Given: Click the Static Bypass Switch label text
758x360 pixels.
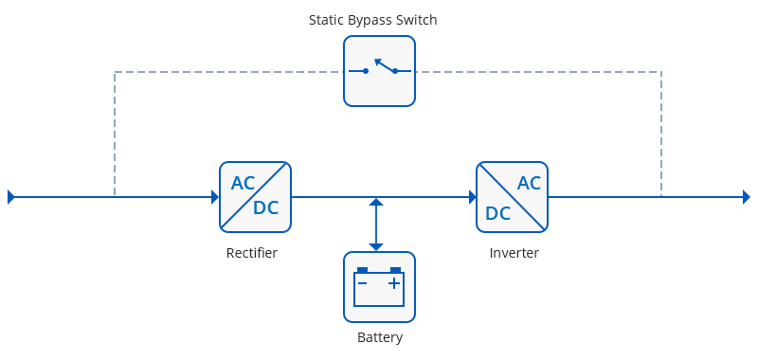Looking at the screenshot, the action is (372, 20).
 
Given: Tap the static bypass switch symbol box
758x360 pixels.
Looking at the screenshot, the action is (380, 71).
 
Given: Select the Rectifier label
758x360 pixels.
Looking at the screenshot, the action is (252, 253).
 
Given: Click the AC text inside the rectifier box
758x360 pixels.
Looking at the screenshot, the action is (244, 183).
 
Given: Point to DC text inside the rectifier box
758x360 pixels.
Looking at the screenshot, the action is (266, 207).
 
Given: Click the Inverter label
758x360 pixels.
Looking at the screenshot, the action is (514, 253).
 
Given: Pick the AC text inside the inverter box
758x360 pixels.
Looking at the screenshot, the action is (529, 183).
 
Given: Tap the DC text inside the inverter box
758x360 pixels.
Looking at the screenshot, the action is (498, 213).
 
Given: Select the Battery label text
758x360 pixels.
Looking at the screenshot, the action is (380, 337).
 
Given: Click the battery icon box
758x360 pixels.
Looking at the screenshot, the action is (380, 287).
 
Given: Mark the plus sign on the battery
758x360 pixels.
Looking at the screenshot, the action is (394, 283).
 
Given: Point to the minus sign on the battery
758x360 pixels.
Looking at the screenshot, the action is (362, 283).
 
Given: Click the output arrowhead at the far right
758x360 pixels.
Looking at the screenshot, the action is (747, 197).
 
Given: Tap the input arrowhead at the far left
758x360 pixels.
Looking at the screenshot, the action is (11, 197).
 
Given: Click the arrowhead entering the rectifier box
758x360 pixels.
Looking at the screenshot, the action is (216, 197).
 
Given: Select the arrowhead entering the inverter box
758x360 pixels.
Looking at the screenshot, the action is (473, 197).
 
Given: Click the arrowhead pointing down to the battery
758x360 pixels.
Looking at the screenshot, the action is (376, 247).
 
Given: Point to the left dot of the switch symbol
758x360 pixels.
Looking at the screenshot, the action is (366, 71).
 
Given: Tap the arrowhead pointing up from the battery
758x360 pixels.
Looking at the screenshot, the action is (376, 202).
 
